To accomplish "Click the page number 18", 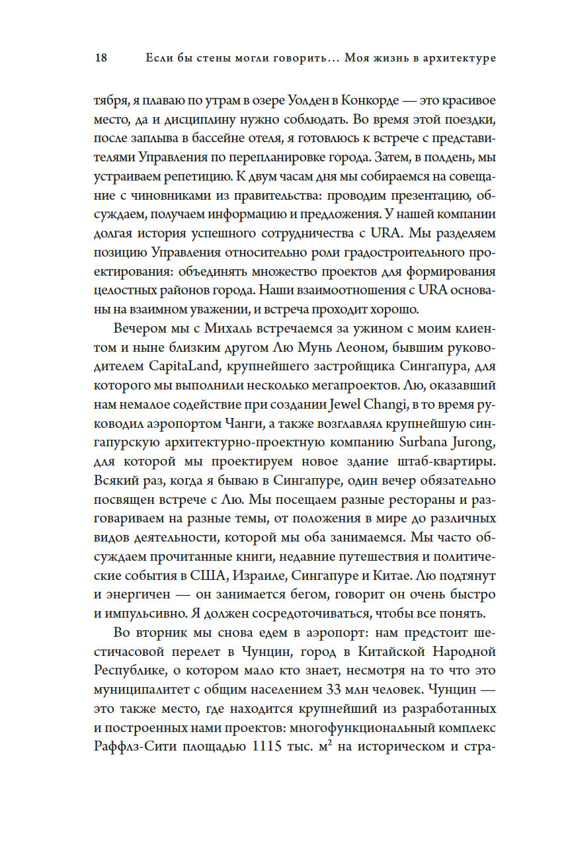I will click(101, 58).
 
